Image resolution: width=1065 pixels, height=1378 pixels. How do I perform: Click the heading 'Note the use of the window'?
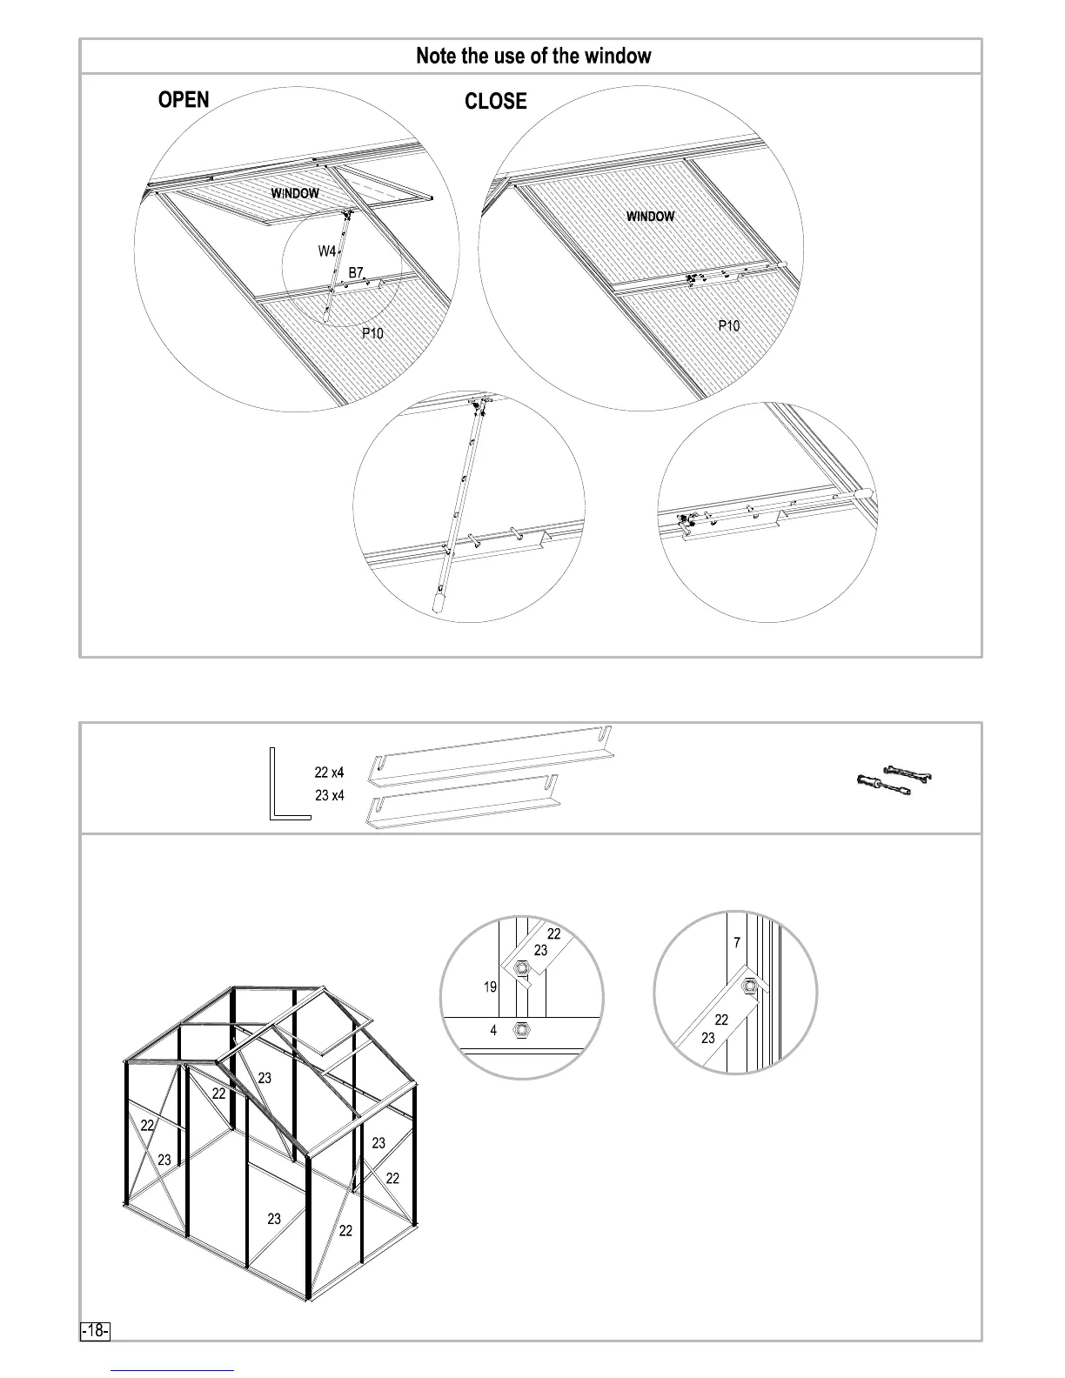532,57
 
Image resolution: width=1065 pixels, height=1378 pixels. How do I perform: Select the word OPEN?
184,100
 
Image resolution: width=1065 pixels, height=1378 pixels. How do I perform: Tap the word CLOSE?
495,102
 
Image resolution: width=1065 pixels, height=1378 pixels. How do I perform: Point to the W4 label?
326,251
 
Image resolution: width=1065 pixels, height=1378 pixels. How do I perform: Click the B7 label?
355,273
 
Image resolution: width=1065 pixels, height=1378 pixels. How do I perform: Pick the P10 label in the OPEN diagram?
372,333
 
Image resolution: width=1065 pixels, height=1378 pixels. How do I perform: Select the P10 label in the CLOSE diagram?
728,326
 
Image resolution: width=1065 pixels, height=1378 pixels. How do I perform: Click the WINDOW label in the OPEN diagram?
294,193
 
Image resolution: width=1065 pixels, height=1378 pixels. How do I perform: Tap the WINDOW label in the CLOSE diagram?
650,217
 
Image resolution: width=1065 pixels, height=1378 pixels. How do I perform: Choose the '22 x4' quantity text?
329,773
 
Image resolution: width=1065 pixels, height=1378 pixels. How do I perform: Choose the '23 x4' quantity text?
329,795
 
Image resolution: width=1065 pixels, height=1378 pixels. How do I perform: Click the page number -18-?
95,1331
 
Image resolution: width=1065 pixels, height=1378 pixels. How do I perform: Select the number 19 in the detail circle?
490,987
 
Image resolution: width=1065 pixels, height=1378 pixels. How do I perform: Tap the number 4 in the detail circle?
493,1031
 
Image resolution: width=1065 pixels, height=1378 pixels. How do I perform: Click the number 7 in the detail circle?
737,943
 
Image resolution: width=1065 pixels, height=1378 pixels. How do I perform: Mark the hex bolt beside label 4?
521,1030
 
